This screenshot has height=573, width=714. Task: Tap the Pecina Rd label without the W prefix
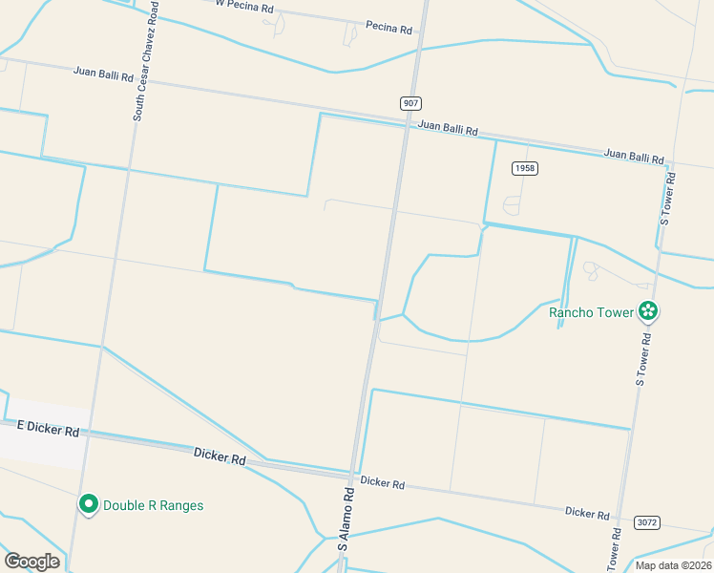[388, 29]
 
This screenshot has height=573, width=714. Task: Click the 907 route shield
[410, 102]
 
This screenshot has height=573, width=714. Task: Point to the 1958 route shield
[524, 168]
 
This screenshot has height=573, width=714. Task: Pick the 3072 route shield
[646, 522]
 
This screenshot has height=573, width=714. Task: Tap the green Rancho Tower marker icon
[649, 311]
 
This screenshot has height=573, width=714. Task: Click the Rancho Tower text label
[592, 312]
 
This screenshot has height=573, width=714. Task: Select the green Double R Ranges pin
[89, 503]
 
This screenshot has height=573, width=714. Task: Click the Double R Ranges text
[153, 505]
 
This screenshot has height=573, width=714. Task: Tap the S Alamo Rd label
[349, 519]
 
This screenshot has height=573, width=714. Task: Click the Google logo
[31, 561]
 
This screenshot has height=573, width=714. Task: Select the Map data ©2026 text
[674, 565]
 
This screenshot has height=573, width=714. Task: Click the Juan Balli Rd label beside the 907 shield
[448, 128]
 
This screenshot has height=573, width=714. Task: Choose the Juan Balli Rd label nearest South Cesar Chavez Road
[103, 74]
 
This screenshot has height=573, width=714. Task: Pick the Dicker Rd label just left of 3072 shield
[587, 513]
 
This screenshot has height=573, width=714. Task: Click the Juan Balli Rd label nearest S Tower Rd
[634, 156]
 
